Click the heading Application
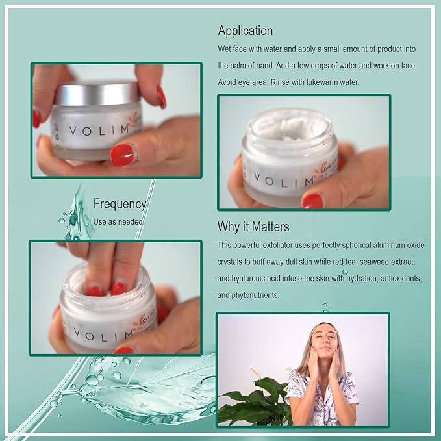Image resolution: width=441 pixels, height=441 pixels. click(x=245, y=31)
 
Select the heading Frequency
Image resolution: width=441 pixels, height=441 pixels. click(x=120, y=203)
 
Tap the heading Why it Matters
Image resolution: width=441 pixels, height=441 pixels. click(x=253, y=227)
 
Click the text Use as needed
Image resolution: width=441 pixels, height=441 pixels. click(x=119, y=221)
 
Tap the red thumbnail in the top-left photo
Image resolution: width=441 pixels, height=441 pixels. click(x=121, y=155)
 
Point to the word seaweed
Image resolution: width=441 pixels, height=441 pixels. click(x=372, y=261)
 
